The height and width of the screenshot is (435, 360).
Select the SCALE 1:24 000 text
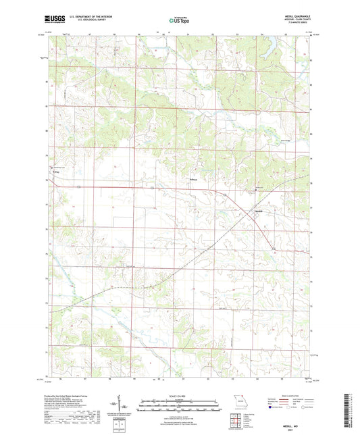(179, 396)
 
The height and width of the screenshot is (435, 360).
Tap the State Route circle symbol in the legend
(307, 408)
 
